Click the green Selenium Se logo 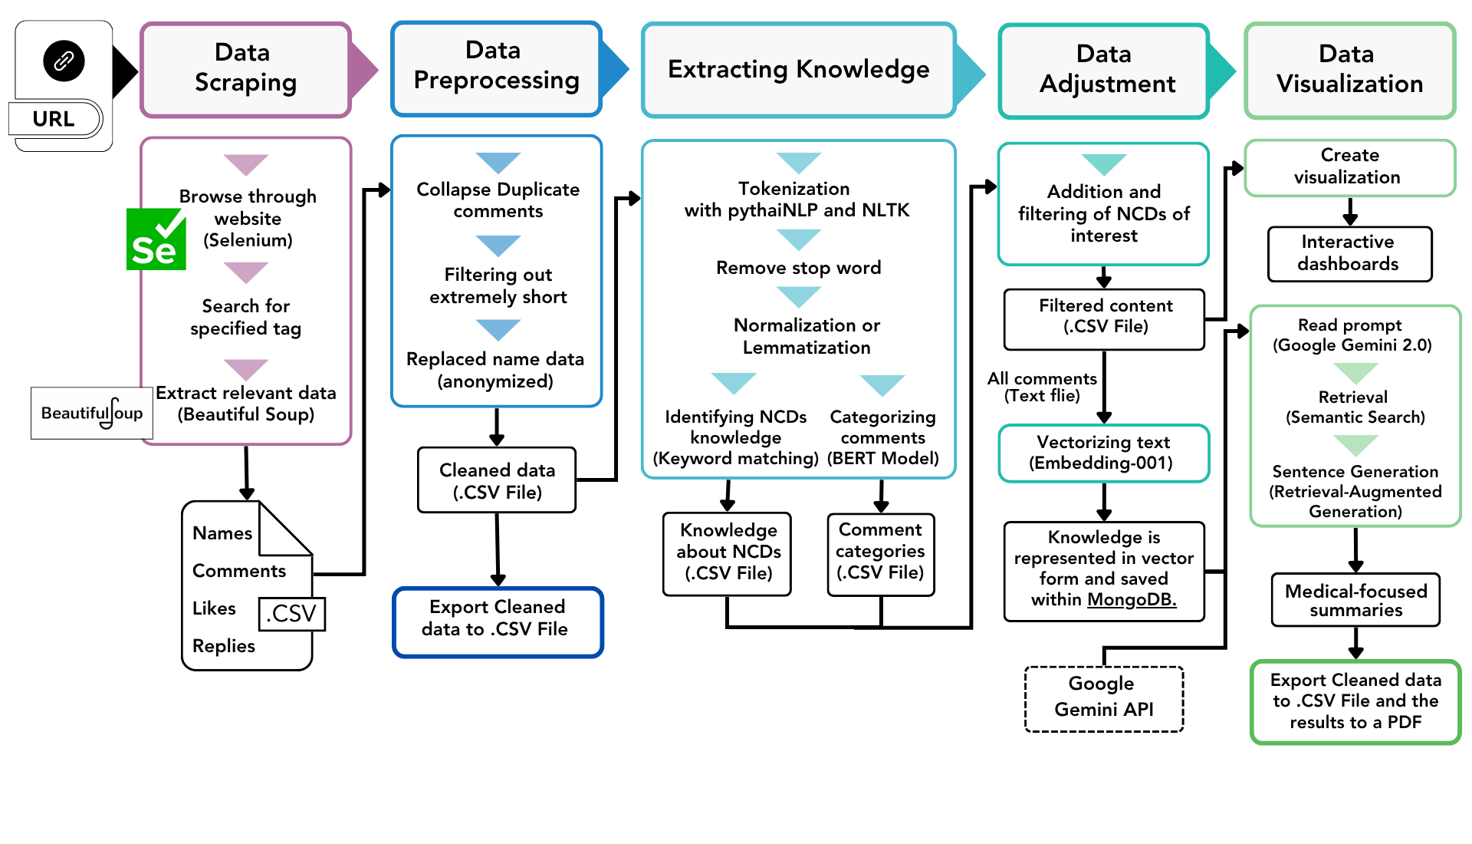click(x=156, y=239)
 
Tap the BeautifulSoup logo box click(x=91, y=413)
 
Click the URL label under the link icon click(x=54, y=119)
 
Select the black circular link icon click(x=64, y=61)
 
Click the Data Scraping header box click(x=245, y=69)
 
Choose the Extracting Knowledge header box click(x=798, y=70)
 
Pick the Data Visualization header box click(x=1349, y=70)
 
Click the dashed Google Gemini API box click(x=1103, y=698)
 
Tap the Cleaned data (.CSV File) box click(x=497, y=480)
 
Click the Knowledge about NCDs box click(x=728, y=553)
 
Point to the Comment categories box click(x=880, y=553)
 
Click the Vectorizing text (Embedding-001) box click(x=1103, y=453)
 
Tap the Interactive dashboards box click(x=1349, y=253)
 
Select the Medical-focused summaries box click(x=1355, y=600)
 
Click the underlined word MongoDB click(x=1131, y=599)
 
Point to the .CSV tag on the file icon click(x=291, y=613)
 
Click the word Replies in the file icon click(x=223, y=646)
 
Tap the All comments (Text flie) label click(x=1042, y=387)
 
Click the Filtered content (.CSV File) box click(x=1105, y=317)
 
